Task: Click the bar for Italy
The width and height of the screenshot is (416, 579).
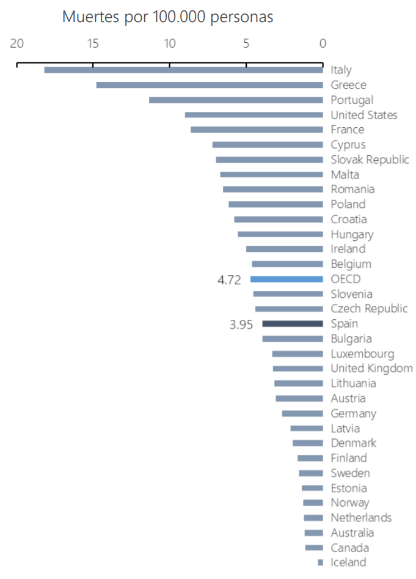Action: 183,70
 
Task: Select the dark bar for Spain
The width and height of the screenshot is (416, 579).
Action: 292,324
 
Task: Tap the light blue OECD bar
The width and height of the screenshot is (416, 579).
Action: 286,279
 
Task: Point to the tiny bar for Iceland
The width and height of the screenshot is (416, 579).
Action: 320,562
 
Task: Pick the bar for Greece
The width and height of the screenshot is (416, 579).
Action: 210,85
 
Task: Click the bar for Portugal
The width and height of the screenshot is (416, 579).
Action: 236,100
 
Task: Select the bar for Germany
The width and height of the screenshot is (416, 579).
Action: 302,414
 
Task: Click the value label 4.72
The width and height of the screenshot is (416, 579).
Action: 230,279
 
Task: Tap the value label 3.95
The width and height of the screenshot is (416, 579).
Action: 241,325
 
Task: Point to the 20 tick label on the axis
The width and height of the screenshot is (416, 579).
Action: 17,43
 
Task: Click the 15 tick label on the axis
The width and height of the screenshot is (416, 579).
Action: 93,43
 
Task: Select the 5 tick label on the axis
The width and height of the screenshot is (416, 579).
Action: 246,43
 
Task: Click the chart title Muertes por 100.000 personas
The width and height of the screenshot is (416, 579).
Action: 167,17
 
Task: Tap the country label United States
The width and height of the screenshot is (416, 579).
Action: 364,115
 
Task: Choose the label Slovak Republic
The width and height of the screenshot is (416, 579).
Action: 370,160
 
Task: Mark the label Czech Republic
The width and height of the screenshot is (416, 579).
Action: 369,309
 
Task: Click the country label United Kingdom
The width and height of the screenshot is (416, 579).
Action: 371,369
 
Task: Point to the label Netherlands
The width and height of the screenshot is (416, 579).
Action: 361,518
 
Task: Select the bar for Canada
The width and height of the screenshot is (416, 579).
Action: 314,548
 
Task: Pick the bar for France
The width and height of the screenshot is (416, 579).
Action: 257,130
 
